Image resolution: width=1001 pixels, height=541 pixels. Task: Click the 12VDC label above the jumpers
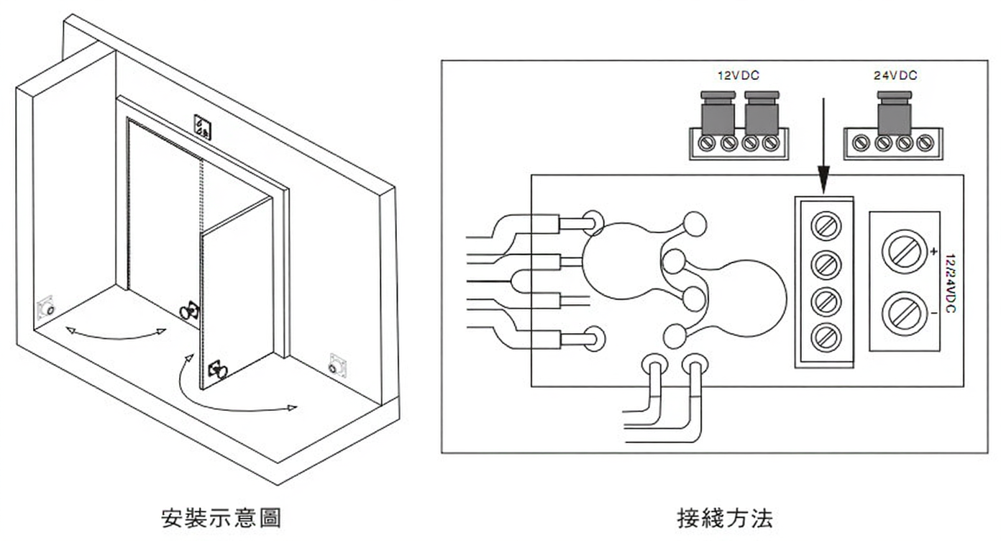[x=739, y=75]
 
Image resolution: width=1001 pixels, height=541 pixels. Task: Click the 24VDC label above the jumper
[x=895, y=75]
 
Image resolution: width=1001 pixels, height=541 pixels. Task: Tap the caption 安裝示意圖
[x=220, y=518]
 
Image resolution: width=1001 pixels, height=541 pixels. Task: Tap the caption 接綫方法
[x=725, y=518]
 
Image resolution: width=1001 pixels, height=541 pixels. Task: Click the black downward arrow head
[x=823, y=179]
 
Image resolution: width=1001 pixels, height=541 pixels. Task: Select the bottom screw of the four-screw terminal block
[x=826, y=335]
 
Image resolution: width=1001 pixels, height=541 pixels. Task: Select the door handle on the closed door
[x=189, y=311]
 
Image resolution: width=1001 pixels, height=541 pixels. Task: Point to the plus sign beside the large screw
[x=933, y=252]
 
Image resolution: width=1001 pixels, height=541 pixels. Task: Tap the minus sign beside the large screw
[x=933, y=314]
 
